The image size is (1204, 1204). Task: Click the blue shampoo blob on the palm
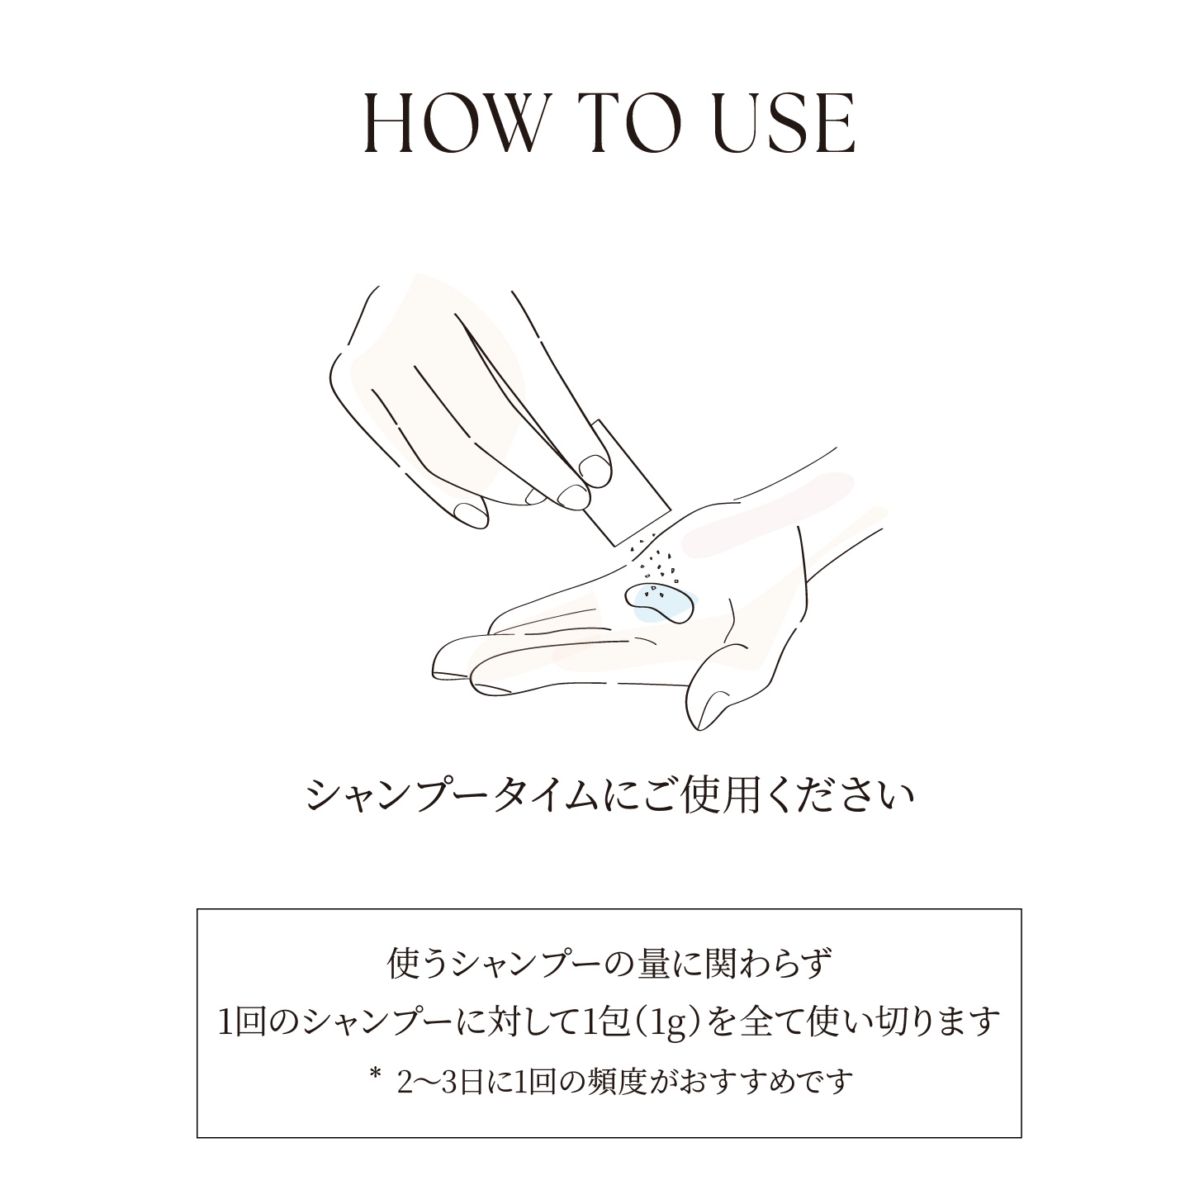click(657, 600)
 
